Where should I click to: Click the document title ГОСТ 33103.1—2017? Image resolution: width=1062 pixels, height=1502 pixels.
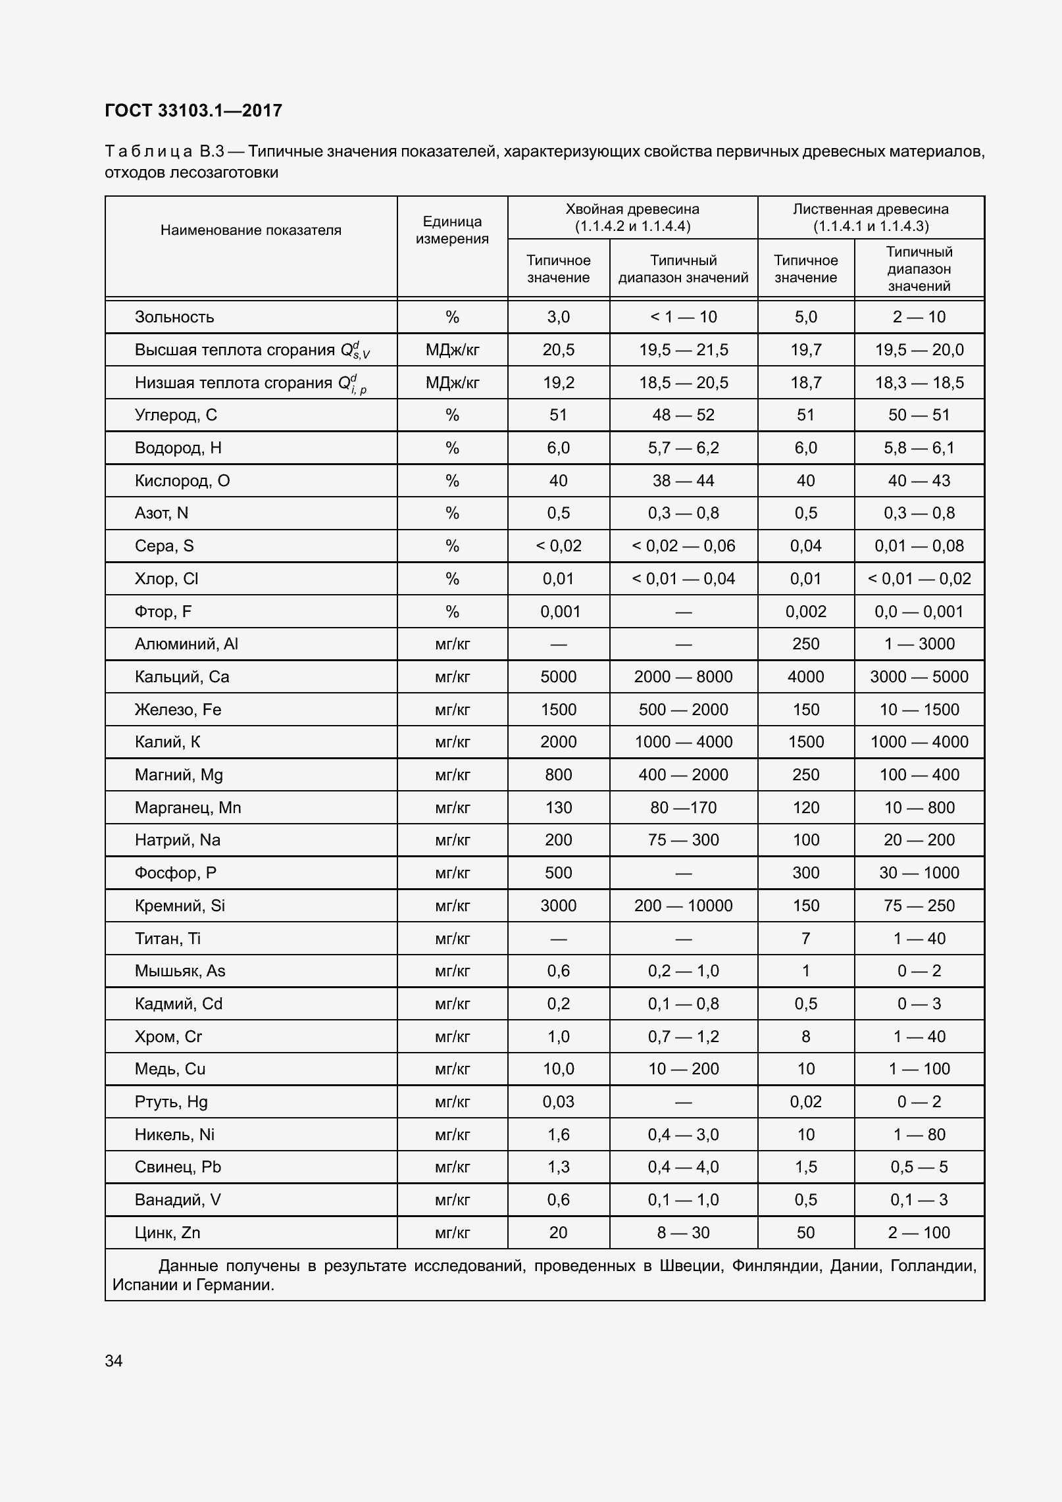pyautogui.click(x=193, y=111)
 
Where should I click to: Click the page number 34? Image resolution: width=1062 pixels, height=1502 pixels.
pyautogui.click(x=114, y=1361)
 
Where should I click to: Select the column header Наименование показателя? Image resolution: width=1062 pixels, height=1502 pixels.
pyautogui.click(x=251, y=230)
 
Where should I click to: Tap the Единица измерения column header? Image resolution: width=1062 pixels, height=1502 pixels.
pyautogui.click(x=452, y=230)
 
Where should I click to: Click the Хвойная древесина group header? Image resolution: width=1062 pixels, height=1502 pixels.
pyautogui.click(x=632, y=217)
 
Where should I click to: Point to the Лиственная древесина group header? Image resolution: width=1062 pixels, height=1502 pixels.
pyautogui.click(x=871, y=217)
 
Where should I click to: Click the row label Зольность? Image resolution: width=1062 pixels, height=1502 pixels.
pyautogui.click(x=174, y=317)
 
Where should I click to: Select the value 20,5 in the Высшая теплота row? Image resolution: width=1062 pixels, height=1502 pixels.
pyautogui.click(x=558, y=350)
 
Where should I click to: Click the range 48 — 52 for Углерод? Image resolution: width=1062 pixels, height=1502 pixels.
pyautogui.click(x=683, y=415)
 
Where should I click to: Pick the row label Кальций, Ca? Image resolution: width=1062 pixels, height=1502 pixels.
pyautogui.click(x=182, y=677)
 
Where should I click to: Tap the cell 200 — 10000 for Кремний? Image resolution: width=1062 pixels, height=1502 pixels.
pyautogui.click(x=683, y=906)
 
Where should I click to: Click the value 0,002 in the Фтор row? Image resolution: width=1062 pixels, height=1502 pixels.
pyautogui.click(x=805, y=612)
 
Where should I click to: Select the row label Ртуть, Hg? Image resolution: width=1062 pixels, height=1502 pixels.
pyautogui.click(x=171, y=1102)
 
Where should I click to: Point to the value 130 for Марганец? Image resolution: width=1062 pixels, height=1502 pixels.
pyautogui.click(x=558, y=808)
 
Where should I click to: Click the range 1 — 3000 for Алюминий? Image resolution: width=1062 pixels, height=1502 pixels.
pyautogui.click(x=919, y=644)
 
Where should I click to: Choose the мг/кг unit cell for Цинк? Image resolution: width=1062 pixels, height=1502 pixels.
pyautogui.click(x=452, y=1233)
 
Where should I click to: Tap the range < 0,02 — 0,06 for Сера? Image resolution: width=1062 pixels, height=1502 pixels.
pyautogui.click(x=683, y=546)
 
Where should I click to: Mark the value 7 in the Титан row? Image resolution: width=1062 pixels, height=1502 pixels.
pyautogui.click(x=805, y=939)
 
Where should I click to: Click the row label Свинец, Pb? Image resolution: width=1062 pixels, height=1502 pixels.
pyautogui.click(x=178, y=1167)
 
